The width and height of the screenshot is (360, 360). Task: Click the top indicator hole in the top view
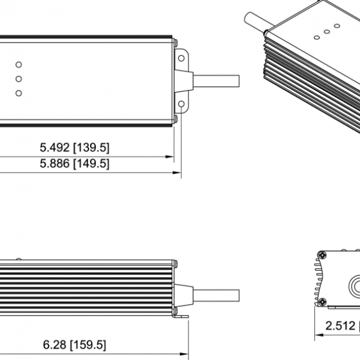(19, 64)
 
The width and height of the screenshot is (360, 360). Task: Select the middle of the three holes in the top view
(19, 79)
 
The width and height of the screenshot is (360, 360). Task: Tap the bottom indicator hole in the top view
(19, 93)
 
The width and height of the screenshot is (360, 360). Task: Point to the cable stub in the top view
(216, 80)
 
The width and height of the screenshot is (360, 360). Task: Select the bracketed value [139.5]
(91, 147)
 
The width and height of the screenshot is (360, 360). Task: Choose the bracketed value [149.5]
(91, 163)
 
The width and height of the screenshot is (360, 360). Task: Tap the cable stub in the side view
(216, 296)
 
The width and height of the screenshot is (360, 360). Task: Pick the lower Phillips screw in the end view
(322, 300)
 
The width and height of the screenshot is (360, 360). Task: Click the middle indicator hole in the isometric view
(327, 32)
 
